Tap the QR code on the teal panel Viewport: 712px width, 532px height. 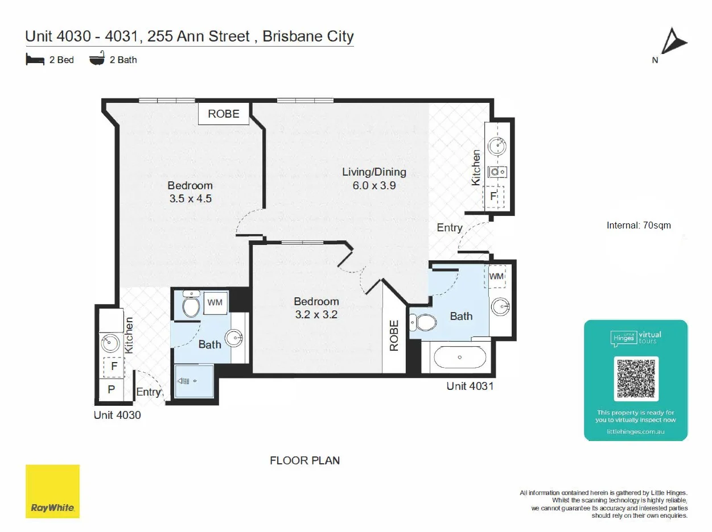tap(636, 379)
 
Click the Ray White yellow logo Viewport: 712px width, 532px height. tap(52, 491)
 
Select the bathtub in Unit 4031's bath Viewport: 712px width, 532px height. tap(460, 358)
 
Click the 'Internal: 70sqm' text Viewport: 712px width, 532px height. tap(639, 226)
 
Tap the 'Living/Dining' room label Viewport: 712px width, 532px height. tap(374, 172)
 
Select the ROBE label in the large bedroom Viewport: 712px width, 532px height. tap(223, 114)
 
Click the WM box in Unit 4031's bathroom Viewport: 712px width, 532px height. tap(496, 276)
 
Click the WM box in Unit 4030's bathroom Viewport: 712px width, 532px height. tap(215, 302)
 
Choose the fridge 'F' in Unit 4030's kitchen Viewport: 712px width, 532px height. tap(114, 367)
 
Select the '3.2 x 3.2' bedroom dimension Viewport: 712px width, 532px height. tap(316, 314)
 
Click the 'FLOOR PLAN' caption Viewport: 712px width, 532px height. tap(304, 460)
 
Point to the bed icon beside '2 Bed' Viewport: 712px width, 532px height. tap(35, 59)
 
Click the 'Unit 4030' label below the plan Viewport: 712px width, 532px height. tap(117, 415)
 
